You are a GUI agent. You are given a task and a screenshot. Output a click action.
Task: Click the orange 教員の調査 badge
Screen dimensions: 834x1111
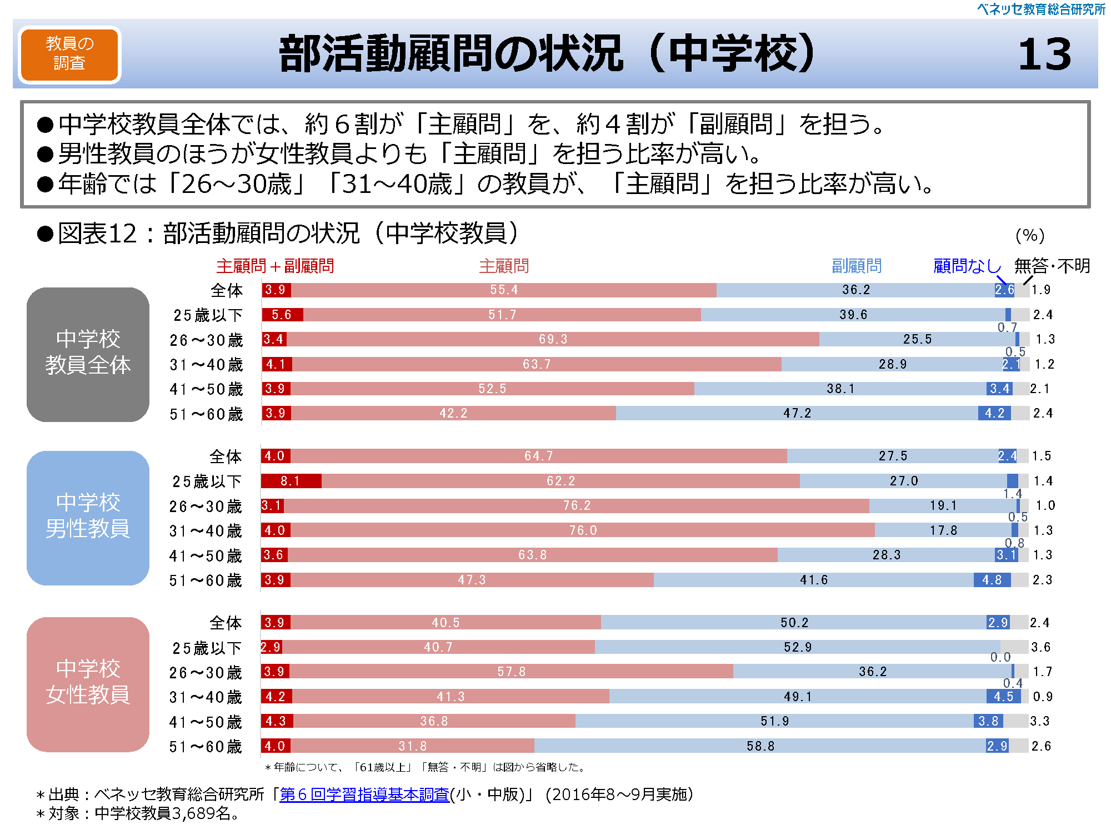(x=69, y=54)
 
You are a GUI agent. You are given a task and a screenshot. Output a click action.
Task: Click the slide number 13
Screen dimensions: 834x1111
(x=1044, y=54)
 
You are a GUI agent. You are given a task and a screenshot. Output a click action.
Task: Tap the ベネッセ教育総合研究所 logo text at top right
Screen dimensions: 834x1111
(x=1041, y=9)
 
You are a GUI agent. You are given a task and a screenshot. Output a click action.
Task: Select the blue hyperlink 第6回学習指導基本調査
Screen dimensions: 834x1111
(x=364, y=795)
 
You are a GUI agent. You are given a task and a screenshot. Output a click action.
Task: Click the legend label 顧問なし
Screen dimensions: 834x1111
(x=967, y=266)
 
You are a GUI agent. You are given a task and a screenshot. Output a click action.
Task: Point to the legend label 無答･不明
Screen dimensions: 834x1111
(x=1052, y=266)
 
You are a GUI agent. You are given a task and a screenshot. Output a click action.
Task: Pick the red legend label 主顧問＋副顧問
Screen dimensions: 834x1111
(x=275, y=266)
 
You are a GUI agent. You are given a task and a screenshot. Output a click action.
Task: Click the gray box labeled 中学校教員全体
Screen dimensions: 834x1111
(x=88, y=354)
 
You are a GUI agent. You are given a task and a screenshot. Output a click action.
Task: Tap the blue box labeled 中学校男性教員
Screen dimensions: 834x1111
(x=88, y=518)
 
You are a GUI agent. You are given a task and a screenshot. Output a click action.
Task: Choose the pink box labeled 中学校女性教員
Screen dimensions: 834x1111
(x=88, y=684)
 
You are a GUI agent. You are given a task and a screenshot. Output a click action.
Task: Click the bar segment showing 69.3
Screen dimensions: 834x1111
(x=553, y=339)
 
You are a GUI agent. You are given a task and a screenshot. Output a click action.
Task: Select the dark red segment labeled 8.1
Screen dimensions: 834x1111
(x=291, y=481)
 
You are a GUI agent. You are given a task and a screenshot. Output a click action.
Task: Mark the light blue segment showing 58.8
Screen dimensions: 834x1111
(x=760, y=746)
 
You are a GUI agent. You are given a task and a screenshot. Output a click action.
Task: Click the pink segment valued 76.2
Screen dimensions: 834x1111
(x=577, y=506)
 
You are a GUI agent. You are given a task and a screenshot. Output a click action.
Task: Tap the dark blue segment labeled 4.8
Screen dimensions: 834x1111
(x=992, y=580)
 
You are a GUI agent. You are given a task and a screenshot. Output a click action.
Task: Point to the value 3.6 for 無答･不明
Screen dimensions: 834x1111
(x=1040, y=647)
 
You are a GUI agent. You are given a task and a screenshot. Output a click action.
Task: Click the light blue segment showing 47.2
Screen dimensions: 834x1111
(x=797, y=413)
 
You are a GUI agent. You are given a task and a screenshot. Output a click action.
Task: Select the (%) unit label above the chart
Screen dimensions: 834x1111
(x=1030, y=236)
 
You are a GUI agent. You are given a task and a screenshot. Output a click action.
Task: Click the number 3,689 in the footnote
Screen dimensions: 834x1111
(x=194, y=813)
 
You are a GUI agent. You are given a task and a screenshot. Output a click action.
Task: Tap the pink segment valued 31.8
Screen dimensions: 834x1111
(x=412, y=746)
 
